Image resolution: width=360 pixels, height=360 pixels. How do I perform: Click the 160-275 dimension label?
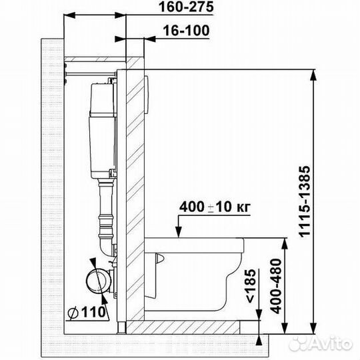[x=186, y=7]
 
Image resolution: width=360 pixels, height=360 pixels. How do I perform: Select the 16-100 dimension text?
[x=186, y=31]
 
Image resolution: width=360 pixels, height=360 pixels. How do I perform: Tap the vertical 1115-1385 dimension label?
[x=305, y=201]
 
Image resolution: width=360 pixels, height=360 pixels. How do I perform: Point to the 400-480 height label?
[x=275, y=286]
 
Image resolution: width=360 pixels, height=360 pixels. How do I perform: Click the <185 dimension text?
[x=251, y=286]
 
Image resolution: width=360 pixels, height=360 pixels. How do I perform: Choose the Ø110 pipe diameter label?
[x=87, y=312]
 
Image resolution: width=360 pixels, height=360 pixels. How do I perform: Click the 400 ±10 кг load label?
[x=215, y=207]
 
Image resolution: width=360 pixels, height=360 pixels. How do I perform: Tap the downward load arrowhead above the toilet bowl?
[x=179, y=232]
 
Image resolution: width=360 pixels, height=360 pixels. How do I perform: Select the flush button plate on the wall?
[x=147, y=95]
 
